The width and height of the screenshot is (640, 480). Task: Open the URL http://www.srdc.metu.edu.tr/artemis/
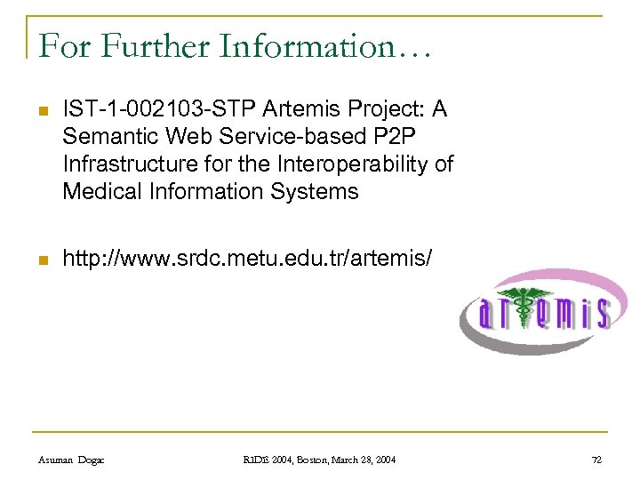[x=248, y=260]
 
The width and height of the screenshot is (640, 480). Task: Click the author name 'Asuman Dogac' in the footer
[x=72, y=460]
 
